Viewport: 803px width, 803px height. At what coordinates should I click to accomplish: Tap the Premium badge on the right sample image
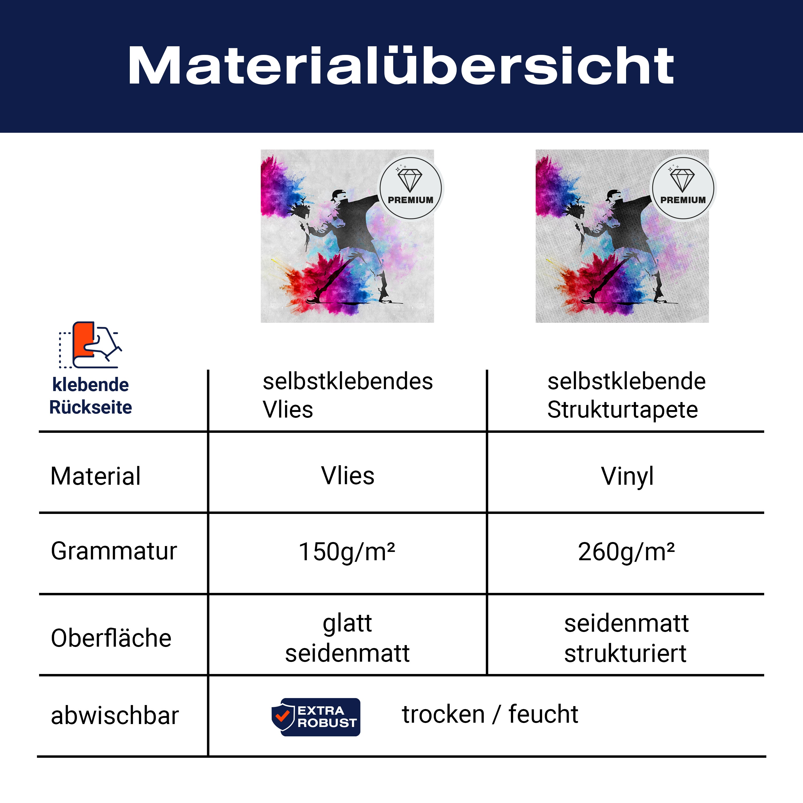[683, 188]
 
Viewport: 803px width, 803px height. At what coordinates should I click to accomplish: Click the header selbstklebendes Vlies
[347, 395]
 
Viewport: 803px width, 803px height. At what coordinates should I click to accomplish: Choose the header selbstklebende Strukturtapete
[626, 395]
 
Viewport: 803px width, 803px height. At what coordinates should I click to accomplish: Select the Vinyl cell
[627, 477]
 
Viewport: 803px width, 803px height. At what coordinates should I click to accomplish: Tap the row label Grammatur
[114, 552]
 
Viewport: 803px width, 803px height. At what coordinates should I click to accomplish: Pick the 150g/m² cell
[347, 552]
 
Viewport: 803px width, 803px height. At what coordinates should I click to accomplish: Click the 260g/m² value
[626, 552]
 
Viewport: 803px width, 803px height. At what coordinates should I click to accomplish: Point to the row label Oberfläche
[111, 638]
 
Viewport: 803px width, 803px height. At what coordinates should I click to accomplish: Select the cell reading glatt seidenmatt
[347, 638]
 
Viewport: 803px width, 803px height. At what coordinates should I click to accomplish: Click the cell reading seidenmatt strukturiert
[626, 638]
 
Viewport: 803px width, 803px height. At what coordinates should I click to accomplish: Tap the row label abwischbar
[115, 716]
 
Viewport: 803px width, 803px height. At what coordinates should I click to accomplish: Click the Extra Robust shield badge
[316, 717]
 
